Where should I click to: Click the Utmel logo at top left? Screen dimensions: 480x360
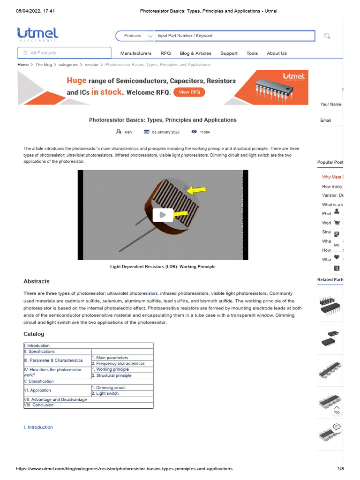[x=37, y=34]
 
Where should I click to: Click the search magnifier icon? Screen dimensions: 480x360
[x=327, y=36]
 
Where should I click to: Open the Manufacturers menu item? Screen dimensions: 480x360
[x=136, y=53]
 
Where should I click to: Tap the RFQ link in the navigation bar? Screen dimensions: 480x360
[x=165, y=53]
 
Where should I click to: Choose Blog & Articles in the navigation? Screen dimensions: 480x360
[x=195, y=53]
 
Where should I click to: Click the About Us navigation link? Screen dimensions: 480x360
[x=277, y=53]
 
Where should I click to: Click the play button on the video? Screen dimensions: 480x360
[x=163, y=215]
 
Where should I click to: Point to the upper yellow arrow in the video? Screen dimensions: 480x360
[x=197, y=190]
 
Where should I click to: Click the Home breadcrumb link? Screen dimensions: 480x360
[x=23, y=65]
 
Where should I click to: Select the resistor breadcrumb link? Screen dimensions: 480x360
[x=91, y=65]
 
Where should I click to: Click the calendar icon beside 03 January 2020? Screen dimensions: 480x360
[x=146, y=132]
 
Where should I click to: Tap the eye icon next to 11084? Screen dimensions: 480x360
[x=195, y=132]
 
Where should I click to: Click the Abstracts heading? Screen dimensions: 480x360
[x=37, y=281]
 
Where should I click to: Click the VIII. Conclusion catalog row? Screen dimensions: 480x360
[x=39, y=405]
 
